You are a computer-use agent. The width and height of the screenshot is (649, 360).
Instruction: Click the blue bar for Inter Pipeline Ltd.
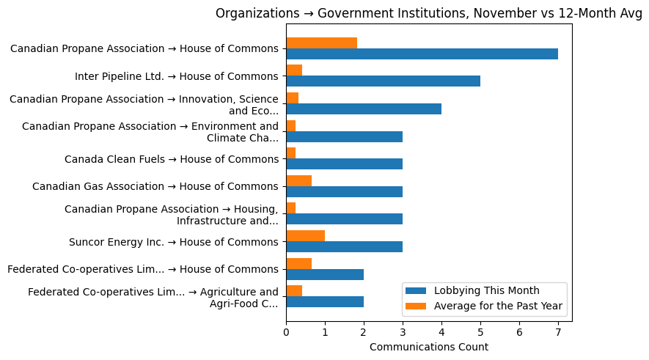click(x=383, y=81)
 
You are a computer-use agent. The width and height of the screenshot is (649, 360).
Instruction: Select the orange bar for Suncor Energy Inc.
click(x=305, y=236)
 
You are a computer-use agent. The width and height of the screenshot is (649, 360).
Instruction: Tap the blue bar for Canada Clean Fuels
click(x=344, y=164)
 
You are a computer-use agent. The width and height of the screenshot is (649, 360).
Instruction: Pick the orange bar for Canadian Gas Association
click(x=298, y=180)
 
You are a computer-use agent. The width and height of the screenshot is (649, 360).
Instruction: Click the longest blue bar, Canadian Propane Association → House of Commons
click(x=422, y=54)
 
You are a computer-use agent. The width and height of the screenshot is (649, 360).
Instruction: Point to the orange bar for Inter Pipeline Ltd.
click(x=294, y=70)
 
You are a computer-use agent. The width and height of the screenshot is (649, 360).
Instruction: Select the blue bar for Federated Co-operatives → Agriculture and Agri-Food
click(x=325, y=302)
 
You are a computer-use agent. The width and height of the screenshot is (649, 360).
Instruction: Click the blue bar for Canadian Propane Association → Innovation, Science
click(x=364, y=109)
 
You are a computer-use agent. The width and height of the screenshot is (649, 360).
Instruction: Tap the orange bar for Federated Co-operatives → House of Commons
click(x=298, y=263)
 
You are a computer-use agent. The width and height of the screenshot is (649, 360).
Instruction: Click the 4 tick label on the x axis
click(x=441, y=331)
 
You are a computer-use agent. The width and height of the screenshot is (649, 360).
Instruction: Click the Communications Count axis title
click(x=429, y=347)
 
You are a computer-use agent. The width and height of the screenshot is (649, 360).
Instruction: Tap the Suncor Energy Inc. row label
click(x=173, y=242)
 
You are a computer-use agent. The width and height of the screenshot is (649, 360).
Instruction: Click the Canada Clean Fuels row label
click(x=171, y=159)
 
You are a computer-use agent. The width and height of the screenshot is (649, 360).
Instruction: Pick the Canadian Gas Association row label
click(x=155, y=186)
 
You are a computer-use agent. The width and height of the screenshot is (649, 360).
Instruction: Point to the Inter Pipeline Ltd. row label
click(x=176, y=76)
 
